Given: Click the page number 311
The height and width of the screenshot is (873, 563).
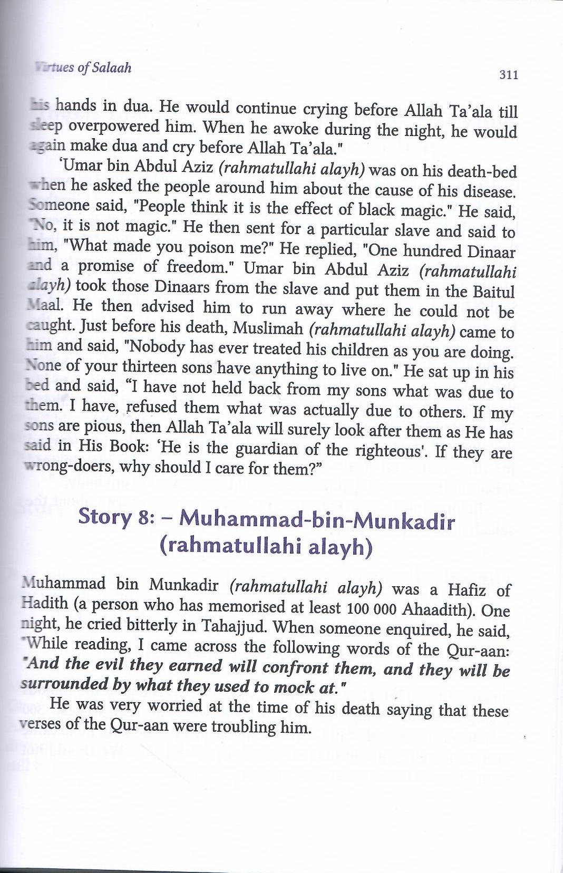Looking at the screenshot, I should tap(508, 74).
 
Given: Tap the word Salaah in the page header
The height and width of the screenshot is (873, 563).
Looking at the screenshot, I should tap(111, 68).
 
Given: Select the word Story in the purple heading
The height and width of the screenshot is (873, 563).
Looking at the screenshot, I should tap(104, 516).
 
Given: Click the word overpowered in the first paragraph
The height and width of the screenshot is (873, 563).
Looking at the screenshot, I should tap(113, 127).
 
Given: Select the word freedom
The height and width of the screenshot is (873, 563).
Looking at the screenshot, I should tap(200, 266).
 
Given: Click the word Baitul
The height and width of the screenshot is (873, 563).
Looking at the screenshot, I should tap(493, 292).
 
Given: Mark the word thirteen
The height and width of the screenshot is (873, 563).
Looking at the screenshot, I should tap(149, 366).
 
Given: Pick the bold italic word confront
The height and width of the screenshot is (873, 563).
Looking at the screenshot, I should tap(295, 667).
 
